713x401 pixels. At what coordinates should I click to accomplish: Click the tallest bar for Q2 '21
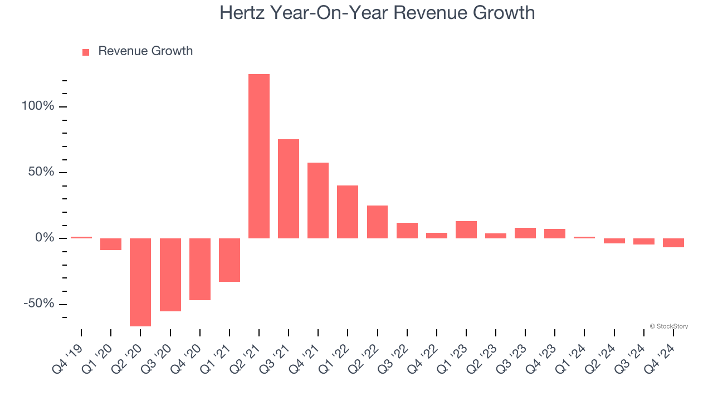(x=259, y=156)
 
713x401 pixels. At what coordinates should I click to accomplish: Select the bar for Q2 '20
(x=140, y=282)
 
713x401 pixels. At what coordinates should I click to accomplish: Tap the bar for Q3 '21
(x=289, y=189)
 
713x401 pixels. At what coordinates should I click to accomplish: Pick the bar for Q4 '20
(x=200, y=269)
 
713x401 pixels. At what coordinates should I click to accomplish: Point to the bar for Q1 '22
(x=348, y=212)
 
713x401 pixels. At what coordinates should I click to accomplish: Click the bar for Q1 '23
(x=466, y=229)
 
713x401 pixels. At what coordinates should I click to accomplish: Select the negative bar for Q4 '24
(x=673, y=243)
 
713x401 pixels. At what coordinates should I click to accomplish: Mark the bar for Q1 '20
(x=111, y=244)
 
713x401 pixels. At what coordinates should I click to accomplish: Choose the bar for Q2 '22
(x=377, y=222)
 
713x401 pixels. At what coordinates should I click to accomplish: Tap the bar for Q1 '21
(x=229, y=260)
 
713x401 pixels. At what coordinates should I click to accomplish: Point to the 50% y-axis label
(x=42, y=172)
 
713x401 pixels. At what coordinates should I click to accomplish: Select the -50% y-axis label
(x=39, y=304)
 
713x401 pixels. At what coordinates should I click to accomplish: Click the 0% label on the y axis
(x=45, y=238)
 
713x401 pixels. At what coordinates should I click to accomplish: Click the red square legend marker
(x=86, y=52)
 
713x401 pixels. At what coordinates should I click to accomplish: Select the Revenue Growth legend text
(x=145, y=51)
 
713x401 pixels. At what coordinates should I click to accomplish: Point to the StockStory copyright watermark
(x=668, y=326)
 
